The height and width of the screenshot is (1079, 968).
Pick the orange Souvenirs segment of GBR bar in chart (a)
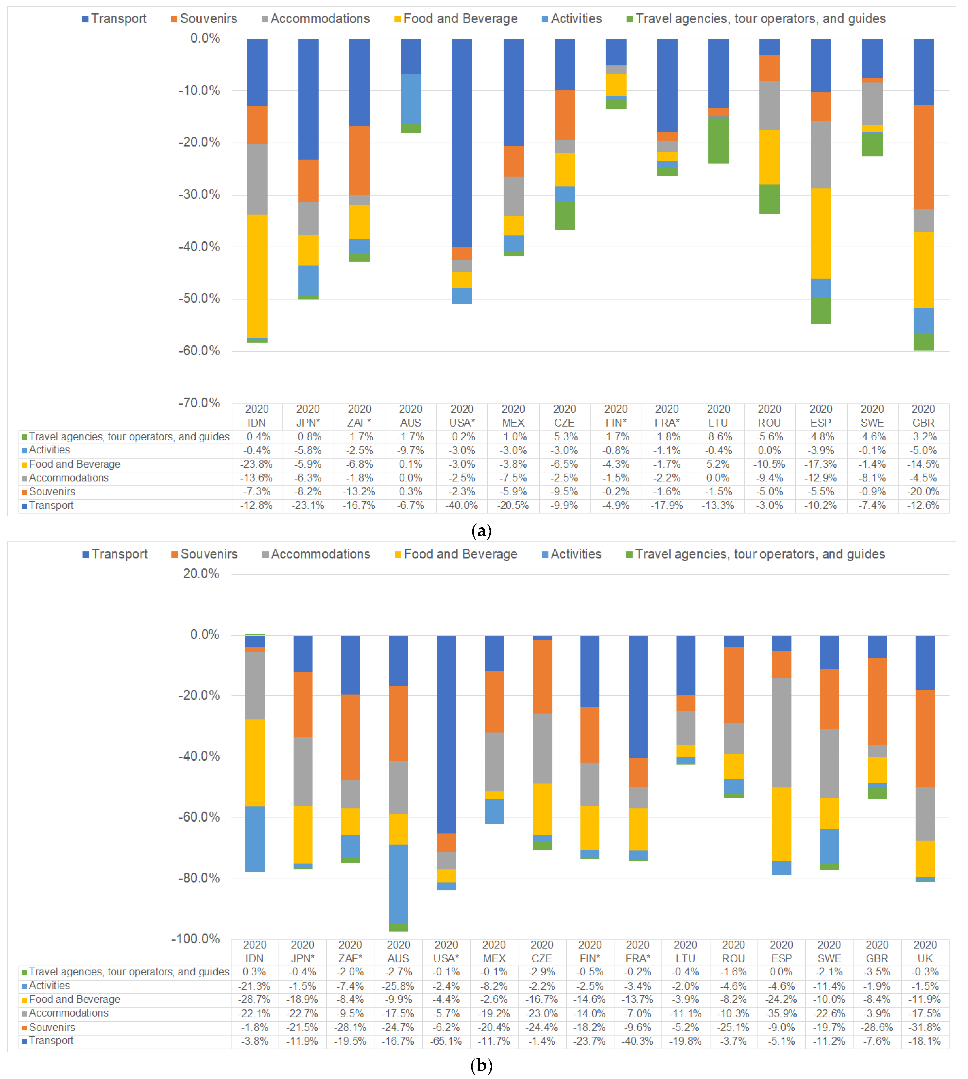(x=923, y=157)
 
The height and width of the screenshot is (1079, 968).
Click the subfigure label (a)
(x=481, y=531)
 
